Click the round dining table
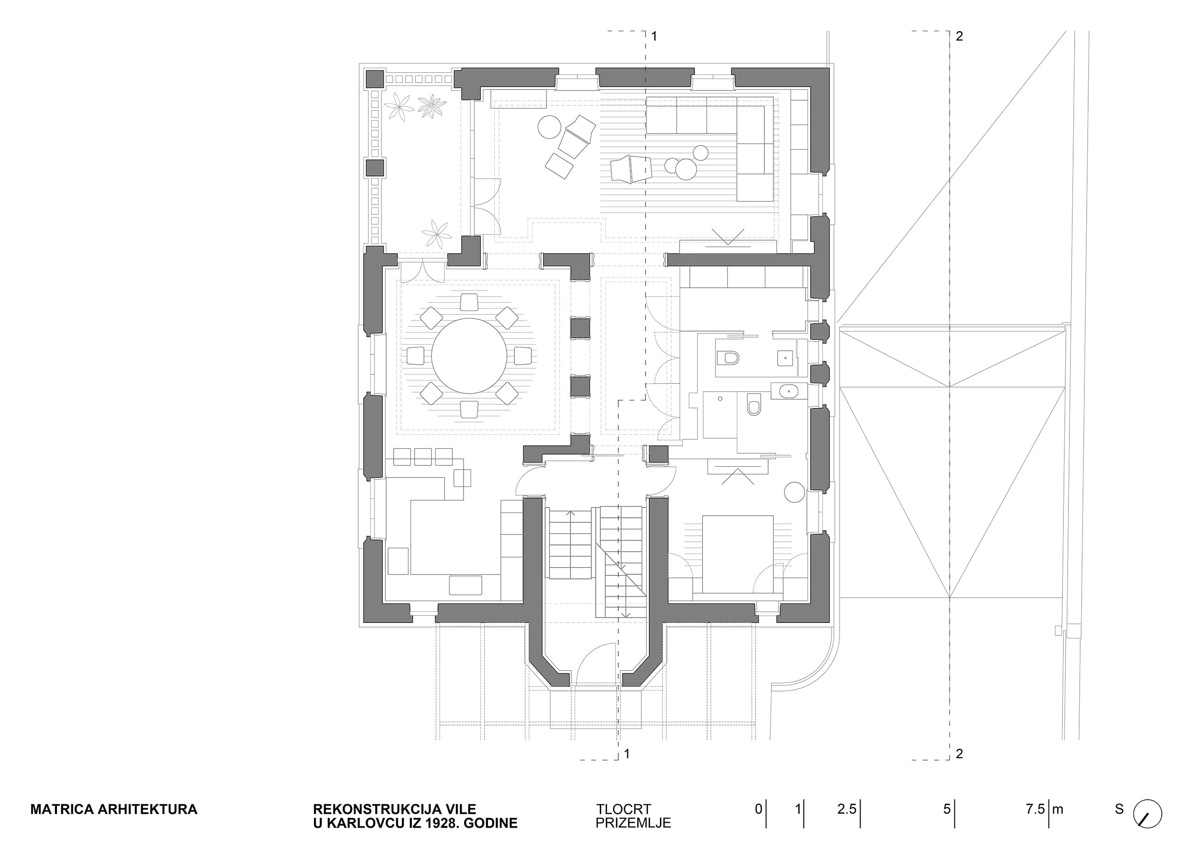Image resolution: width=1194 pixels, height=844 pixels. click(x=469, y=356)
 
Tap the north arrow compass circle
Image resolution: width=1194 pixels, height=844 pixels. click(x=1147, y=813)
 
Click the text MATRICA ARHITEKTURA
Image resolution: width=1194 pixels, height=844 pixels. click(x=114, y=809)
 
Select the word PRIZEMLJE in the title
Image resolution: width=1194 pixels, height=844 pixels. click(x=633, y=823)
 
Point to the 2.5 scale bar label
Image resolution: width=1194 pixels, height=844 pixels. click(x=846, y=809)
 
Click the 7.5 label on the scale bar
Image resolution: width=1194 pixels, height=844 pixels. click(x=1035, y=809)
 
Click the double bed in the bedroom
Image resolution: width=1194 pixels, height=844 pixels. click(x=737, y=554)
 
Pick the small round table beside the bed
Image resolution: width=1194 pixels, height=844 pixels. click(x=794, y=492)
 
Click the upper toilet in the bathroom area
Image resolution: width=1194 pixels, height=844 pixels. click(x=728, y=358)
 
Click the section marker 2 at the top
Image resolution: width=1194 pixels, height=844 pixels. click(x=959, y=36)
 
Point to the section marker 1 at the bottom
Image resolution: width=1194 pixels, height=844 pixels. click(x=627, y=754)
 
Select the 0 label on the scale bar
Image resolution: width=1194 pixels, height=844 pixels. click(x=759, y=809)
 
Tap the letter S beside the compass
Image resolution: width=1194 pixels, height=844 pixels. click(x=1119, y=809)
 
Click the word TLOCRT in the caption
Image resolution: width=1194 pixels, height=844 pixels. click(x=624, y=809)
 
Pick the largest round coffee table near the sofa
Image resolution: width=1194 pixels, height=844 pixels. click(x=686, y=170)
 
